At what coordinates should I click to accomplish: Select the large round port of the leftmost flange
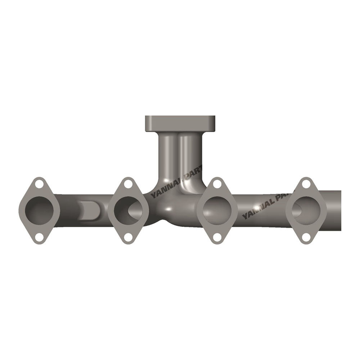coord(39,210)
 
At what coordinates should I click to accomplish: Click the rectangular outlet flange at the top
coord(180,123)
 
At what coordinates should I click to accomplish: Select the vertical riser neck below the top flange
coord(169,155)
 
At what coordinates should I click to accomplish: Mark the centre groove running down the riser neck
coord(179,155)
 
